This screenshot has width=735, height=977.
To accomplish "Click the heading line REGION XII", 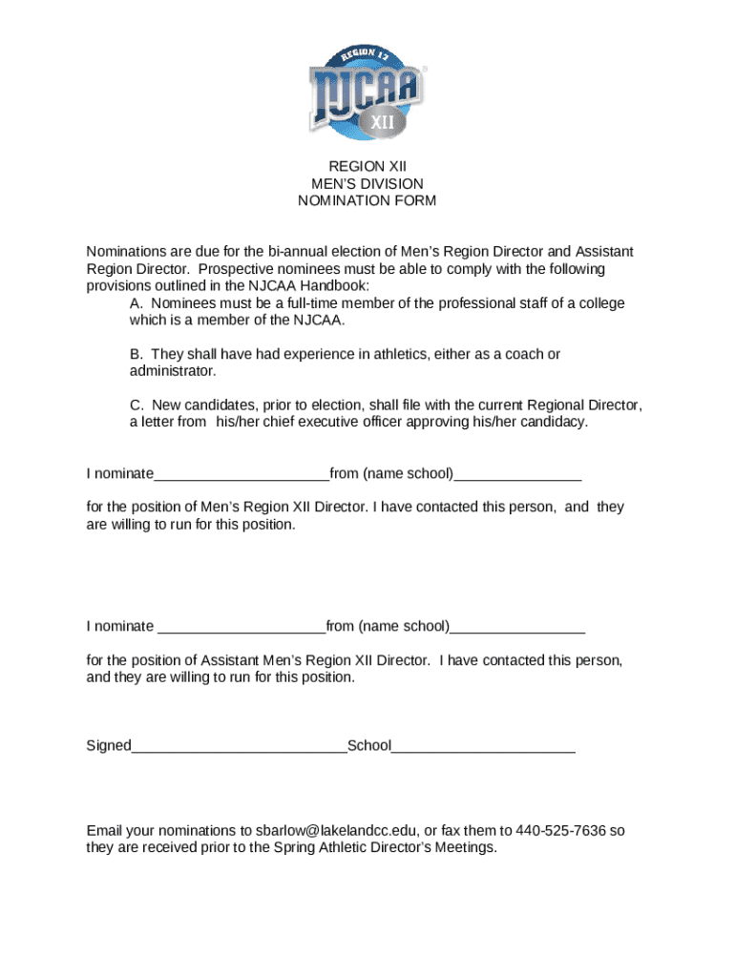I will [367, 166].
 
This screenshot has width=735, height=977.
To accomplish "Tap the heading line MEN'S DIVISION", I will [367, 183].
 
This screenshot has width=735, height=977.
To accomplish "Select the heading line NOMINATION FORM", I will [367, 200].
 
